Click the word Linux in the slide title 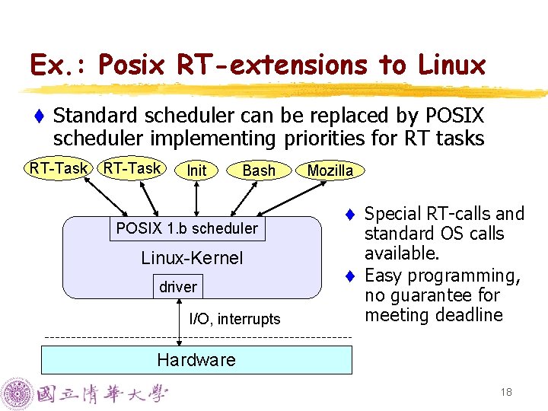point(451,65)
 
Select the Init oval point(196,170)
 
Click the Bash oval point(258,170)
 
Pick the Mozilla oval point(330,170)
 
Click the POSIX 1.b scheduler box point(187,228)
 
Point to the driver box point(178,287)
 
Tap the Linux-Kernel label point(192,258)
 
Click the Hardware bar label point(196,360)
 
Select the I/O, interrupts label point(234,319)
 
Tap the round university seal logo point(18,394)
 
